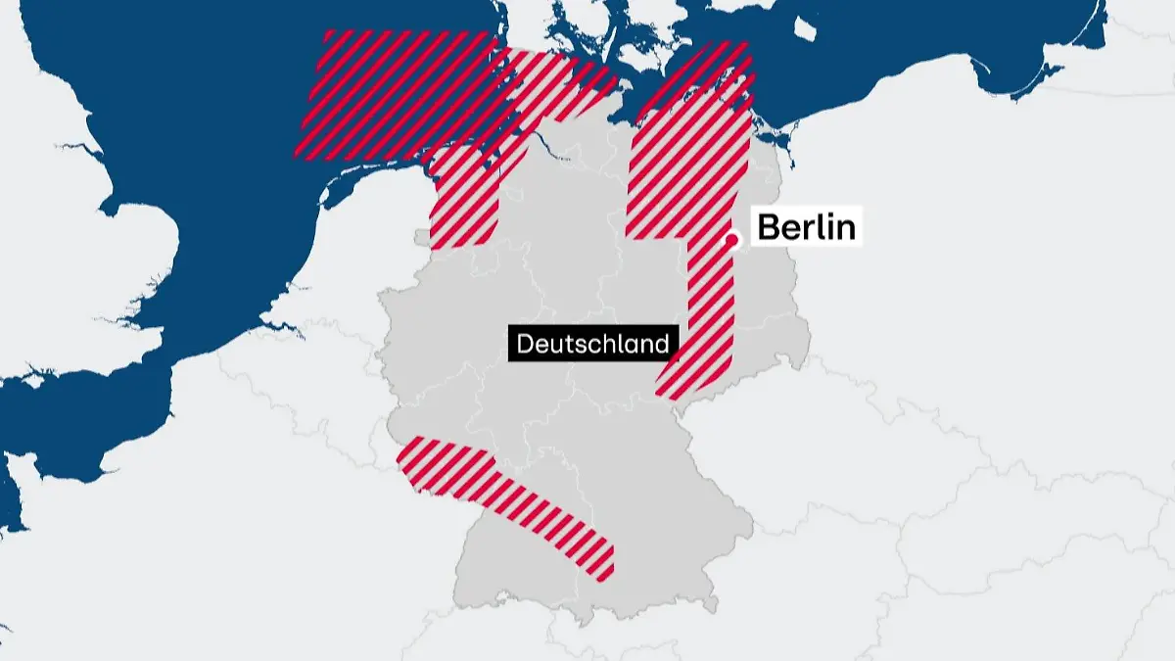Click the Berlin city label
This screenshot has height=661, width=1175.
[x=806, y=227]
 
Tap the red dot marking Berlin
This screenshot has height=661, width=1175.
[x=730, y=239]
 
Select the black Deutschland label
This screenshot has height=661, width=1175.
[x=592, y=344]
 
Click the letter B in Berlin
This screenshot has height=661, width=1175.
[x=770, y=227]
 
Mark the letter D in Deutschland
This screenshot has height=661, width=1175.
[x=524, y=344]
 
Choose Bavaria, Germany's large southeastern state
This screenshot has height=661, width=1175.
[x=666, y=519]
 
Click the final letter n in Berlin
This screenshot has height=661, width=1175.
[x=846, y=227]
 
